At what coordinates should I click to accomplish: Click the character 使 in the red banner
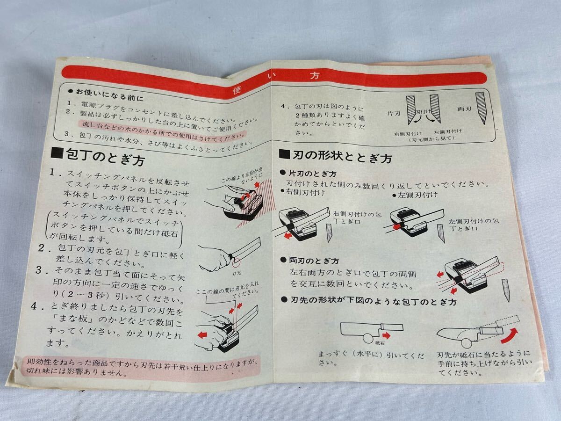click(237, 90)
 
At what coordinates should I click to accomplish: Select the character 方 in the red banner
click(315, 76)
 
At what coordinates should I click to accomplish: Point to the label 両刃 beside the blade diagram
click(464, 109)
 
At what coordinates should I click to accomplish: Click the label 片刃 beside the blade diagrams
click(394, 114)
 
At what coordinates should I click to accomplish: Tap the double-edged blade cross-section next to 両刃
click(481, 108)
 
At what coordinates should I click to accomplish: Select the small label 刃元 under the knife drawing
click(237, 274)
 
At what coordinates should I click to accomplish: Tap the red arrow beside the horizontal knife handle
click(386, 335)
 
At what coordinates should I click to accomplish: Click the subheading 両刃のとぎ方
click(314, 261)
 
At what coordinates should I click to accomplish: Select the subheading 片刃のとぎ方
click(312, 174)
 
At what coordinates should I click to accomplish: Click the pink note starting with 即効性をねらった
click(142, 367)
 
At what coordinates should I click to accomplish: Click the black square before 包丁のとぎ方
click(57, 153)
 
